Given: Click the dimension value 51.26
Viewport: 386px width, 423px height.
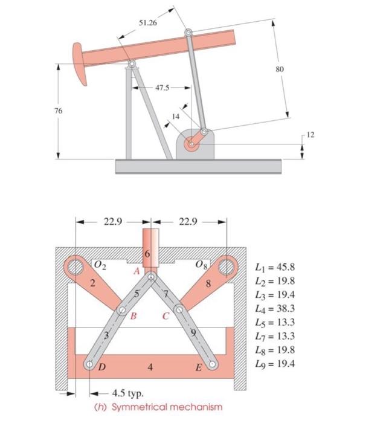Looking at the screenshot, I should [147, 22].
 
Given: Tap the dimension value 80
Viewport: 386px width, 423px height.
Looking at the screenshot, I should [278, 69].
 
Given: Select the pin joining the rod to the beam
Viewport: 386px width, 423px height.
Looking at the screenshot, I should [190, 33].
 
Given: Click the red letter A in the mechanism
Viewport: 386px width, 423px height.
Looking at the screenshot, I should [137, 272].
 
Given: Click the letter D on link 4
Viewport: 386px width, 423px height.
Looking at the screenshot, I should [101, 367].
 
